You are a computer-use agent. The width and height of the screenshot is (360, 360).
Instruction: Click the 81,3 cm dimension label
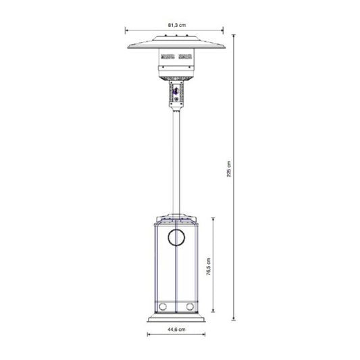coord(177,25)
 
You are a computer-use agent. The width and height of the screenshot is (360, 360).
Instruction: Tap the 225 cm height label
coord(229,169)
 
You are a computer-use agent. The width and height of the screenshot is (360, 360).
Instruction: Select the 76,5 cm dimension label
coord(209,267)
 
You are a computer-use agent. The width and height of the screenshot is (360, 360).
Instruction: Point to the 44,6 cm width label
coord(176,330)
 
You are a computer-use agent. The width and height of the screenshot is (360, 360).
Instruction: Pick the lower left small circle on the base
coord(163,307)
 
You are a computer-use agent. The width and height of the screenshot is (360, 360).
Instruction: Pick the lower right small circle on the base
coord(190,307)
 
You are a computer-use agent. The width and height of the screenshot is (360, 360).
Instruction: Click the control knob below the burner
coord(176,91)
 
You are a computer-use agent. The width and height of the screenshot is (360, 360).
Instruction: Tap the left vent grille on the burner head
coord(168,56)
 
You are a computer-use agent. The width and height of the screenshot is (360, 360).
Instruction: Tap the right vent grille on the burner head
coord(185,56)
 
